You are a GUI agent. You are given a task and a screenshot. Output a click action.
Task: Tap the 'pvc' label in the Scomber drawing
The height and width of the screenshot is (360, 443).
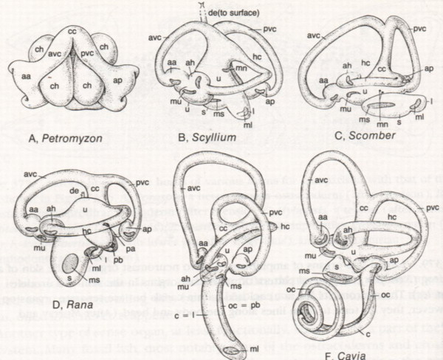419,28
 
